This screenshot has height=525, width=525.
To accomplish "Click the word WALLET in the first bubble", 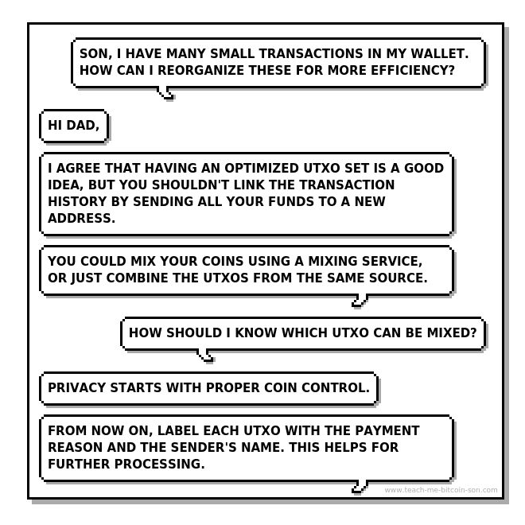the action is click(440, 53).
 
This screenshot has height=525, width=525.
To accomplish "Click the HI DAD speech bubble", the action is click(74, 126).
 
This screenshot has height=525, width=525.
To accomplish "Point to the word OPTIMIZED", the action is click(262, 168).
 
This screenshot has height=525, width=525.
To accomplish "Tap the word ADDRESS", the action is click(81, 218).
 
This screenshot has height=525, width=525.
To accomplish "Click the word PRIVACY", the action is click(77, 387).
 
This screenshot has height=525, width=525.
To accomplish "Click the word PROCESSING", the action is click(159, 464).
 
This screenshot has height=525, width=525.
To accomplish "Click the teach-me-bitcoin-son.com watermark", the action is click(441, 490).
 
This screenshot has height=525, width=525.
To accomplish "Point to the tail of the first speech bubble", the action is click(165, 93).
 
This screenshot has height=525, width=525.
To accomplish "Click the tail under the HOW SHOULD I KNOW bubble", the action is click(206, 356).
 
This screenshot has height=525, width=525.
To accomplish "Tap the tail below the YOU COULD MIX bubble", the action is click(360, 301).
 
